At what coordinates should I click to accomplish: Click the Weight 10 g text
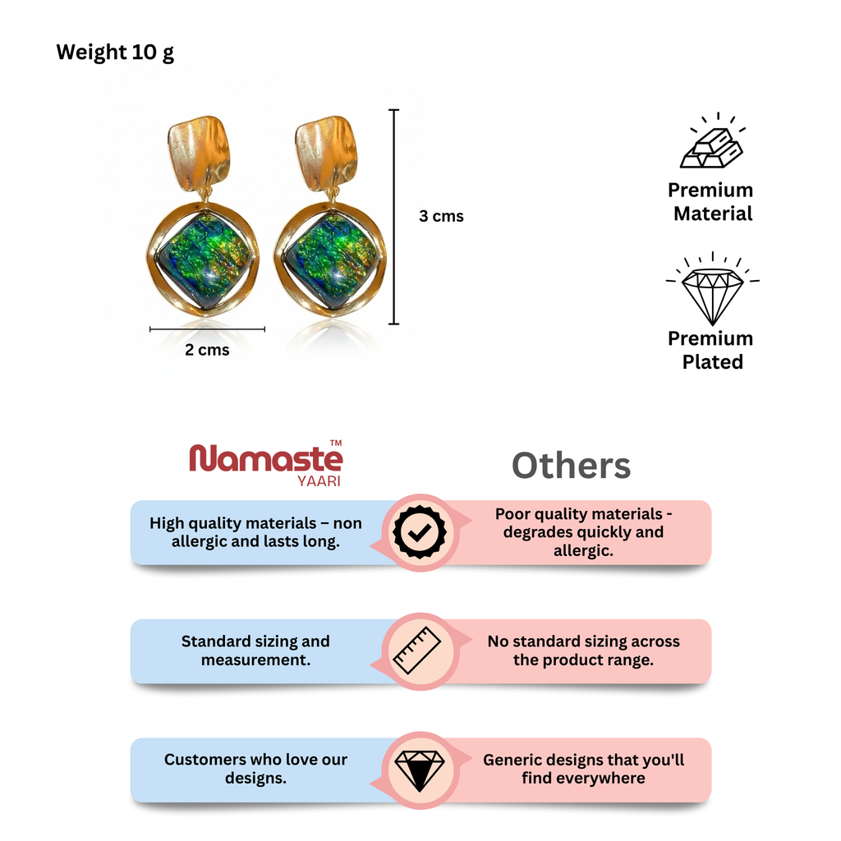click(115, 53)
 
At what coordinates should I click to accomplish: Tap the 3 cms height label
click(441, 216)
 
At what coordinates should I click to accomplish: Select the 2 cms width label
click(207, 350)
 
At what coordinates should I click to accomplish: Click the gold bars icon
click(712, 140)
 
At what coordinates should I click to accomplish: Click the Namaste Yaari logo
click(266, 463)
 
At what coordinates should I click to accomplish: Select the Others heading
click(572, 465)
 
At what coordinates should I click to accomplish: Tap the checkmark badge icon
click(420, 532)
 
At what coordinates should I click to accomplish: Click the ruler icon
click(416, 650)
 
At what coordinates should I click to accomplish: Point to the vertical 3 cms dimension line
click(393, 217)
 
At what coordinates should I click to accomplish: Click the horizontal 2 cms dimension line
click(207, 329)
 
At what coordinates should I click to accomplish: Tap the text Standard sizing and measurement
click(255, 650)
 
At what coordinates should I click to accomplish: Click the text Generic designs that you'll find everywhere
click(584, 769)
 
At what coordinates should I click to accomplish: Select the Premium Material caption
click(711, 202)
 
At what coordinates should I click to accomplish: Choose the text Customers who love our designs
click(255, 769)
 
